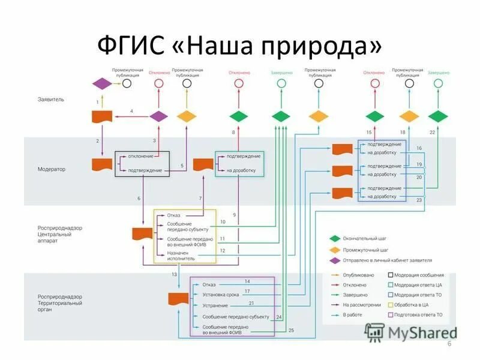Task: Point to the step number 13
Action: click(x=174, y=274)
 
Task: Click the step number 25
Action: click(x=291, y=331)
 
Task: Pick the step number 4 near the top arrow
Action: click(x=131, y=111)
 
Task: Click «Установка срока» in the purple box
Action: click(x=221, y=295)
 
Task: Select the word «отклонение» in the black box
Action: click(x=140, y=157)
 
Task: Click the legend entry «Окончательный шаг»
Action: click(x=365, y=238)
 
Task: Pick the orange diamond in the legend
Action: click(x=335, y=249)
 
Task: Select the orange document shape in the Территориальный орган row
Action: click(x=176, y=298)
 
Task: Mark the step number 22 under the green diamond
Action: click(x=433, y=131)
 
